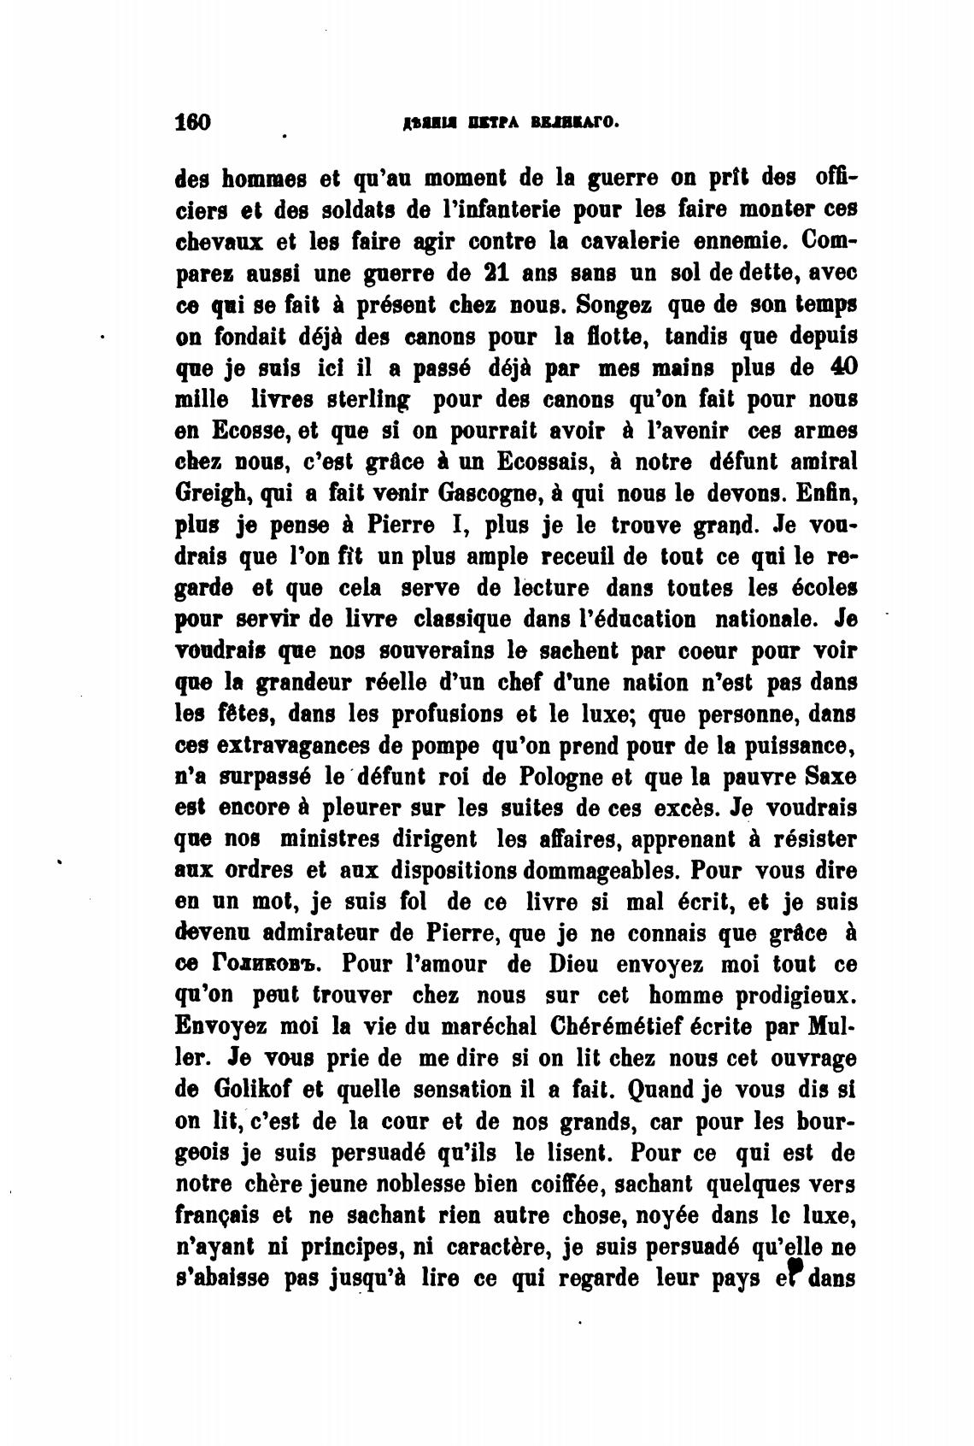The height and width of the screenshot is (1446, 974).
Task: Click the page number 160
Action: (x=192, y=121)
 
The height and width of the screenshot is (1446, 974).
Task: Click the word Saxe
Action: (x=831, y=777)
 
